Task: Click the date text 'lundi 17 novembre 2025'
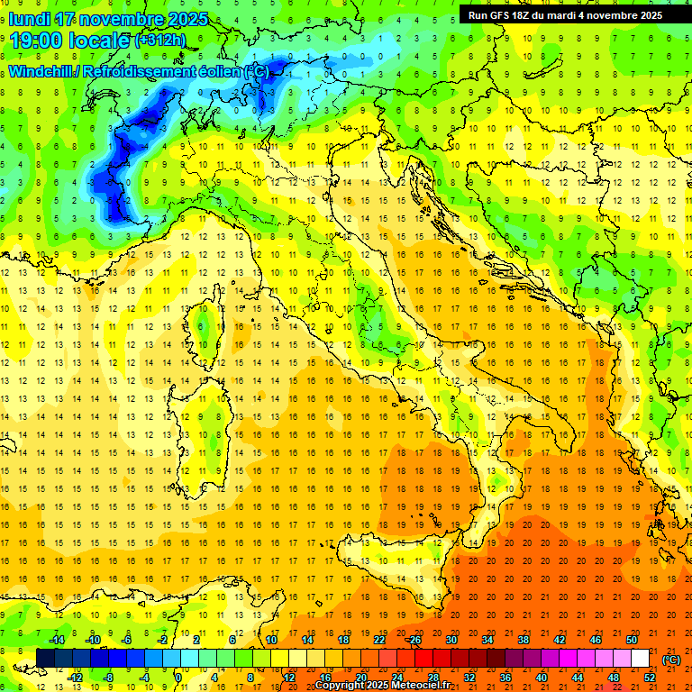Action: tap(108, 19)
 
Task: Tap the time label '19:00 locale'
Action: tap(69, 41)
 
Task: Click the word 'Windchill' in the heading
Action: tap(41, 71)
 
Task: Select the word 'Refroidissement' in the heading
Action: tap(138, 71)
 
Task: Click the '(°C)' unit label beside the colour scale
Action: tap(671, 659)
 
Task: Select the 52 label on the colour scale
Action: tap(649, 677)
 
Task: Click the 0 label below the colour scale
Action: tap(178, 677)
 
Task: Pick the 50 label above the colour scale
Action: tap(632, 640)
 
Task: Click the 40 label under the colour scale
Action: tap(541, 677)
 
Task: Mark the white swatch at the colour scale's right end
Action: tap(640, 659)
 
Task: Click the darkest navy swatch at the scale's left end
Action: tap(45, 659)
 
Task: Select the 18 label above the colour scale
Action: tap(343, 640)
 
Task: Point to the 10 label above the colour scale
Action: tap(271, 640)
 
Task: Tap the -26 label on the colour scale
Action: tap(414, 640)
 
